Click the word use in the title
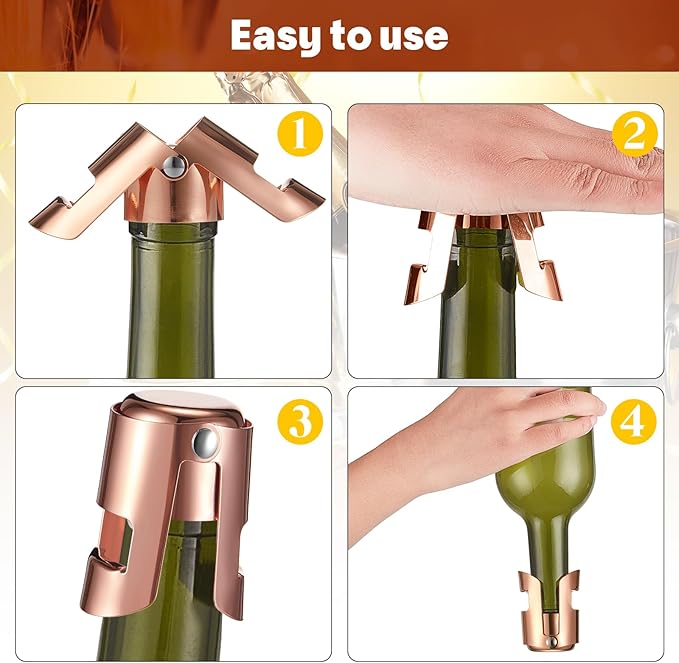tap(409, 37)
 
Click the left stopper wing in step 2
tap(425, 265)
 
